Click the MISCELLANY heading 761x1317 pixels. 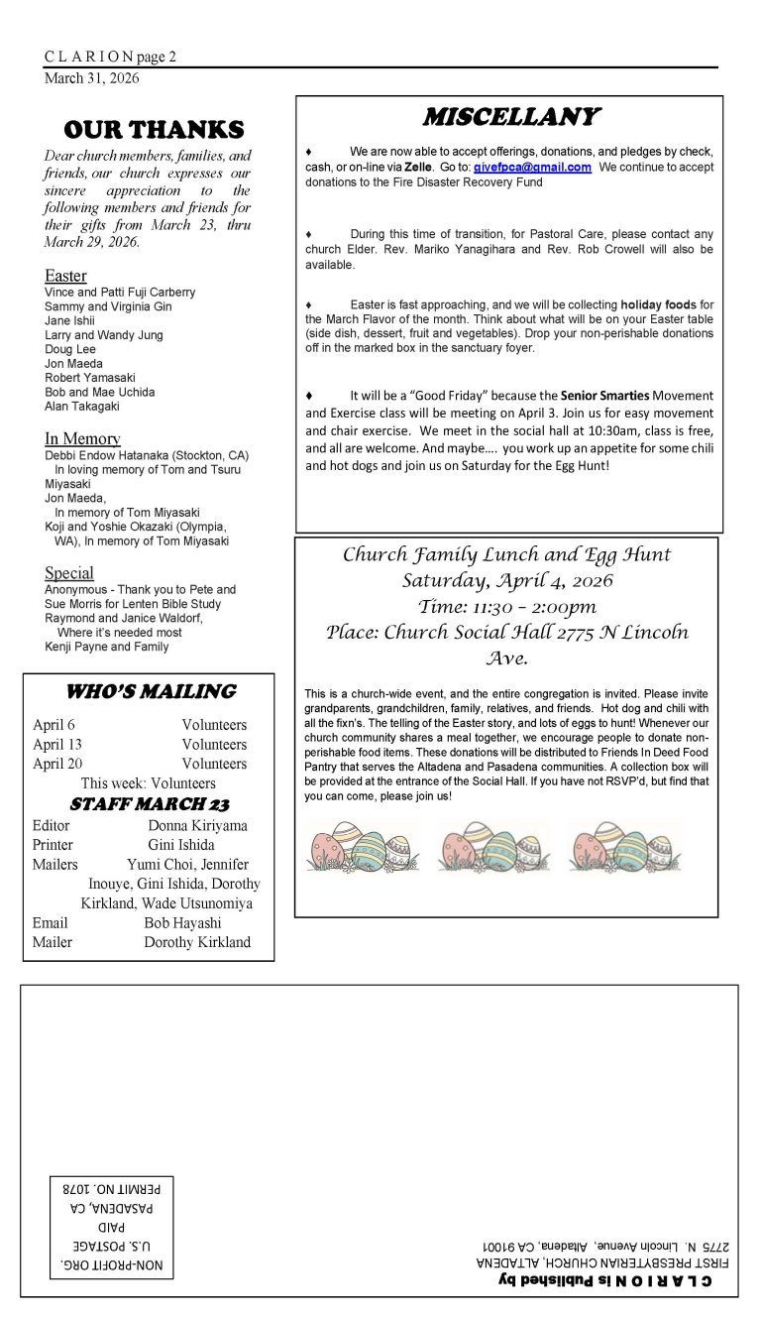pyautogui.click(x=509, y=117)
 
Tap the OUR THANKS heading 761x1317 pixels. pyautogui.click(x=153, y=130)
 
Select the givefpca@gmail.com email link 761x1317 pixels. pyautogui.click(x=532, y=168)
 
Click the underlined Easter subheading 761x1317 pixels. pyautogui.click(x=65, y=276)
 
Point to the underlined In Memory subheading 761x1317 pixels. pyautogui.click(x=82, y=438)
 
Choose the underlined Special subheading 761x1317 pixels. pyautogui.click(x=69, y=573)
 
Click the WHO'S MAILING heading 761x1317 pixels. pyautogui.click(x=151, y=692)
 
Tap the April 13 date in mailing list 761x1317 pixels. pyautogui.click(x=57, y=745)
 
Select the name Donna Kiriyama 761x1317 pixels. pyautogui.click(x=197, y=825)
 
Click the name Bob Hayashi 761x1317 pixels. pyautogui.click(x=182, y=922)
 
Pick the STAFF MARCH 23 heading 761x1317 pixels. pyautogui.click(x=150, y=803)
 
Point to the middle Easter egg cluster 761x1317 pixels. pyautogui.click(x=493, y=846)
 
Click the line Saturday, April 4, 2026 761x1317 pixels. pyautogui.click(x=506, y=580)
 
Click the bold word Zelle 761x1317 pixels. pyautogui.click(x=418, y=168)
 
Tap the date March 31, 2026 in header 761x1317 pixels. pyautogui.click(x=92, y=78)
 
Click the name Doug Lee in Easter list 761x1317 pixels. pyautogui.click(x=70, y=349)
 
